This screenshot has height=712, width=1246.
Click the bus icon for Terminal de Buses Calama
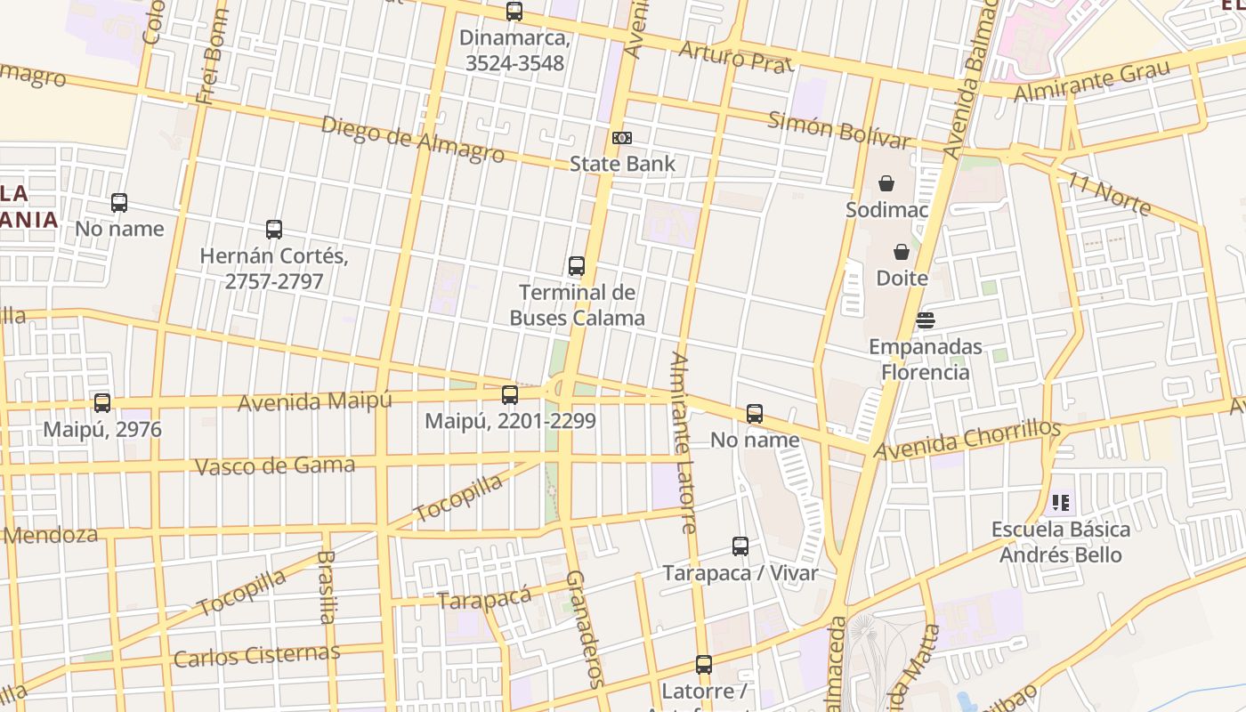(577, 266)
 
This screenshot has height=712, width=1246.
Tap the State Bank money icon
(622, 138)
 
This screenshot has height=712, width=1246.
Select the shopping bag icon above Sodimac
(886, 184)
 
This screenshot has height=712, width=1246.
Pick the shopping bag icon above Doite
(902, 252)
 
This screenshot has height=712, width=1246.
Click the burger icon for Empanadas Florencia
(926, 320)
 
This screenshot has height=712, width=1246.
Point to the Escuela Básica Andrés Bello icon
(1060, 503)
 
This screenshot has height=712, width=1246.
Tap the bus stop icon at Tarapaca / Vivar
(740, 546)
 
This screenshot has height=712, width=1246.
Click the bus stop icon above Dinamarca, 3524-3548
(514, 12)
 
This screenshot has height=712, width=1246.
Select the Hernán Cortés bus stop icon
(274, 230)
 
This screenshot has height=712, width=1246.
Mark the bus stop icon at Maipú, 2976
(102, 403)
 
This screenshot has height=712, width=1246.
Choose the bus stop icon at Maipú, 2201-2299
(510, 395)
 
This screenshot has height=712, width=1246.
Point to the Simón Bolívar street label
(838, 130)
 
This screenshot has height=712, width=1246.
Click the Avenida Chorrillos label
(968, 440)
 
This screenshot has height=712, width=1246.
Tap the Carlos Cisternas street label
(256, 656)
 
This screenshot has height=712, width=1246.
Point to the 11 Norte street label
(1109, 193)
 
